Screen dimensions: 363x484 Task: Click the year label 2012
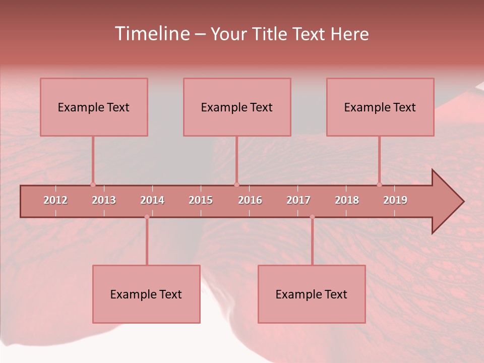55,200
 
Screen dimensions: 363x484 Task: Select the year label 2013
104,200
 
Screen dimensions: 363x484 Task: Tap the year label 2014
152,200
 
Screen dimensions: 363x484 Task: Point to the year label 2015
201,200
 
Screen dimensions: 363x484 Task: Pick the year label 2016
250,200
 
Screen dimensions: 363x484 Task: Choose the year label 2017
298,200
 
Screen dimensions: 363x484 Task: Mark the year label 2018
347,200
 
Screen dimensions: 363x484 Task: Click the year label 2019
395,200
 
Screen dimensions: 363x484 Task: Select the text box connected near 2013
94,107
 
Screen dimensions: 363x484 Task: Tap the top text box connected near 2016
237,107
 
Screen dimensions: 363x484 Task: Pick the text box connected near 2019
380,107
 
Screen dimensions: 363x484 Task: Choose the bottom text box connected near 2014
146,294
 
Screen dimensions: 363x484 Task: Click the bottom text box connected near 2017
312,294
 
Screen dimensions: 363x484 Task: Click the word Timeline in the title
151,34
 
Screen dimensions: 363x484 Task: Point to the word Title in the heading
273,34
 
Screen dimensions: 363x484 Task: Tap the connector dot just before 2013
93,185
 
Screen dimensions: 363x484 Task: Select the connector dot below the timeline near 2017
312,217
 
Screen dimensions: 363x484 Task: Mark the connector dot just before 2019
379,185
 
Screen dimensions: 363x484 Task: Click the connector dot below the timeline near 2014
147,217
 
